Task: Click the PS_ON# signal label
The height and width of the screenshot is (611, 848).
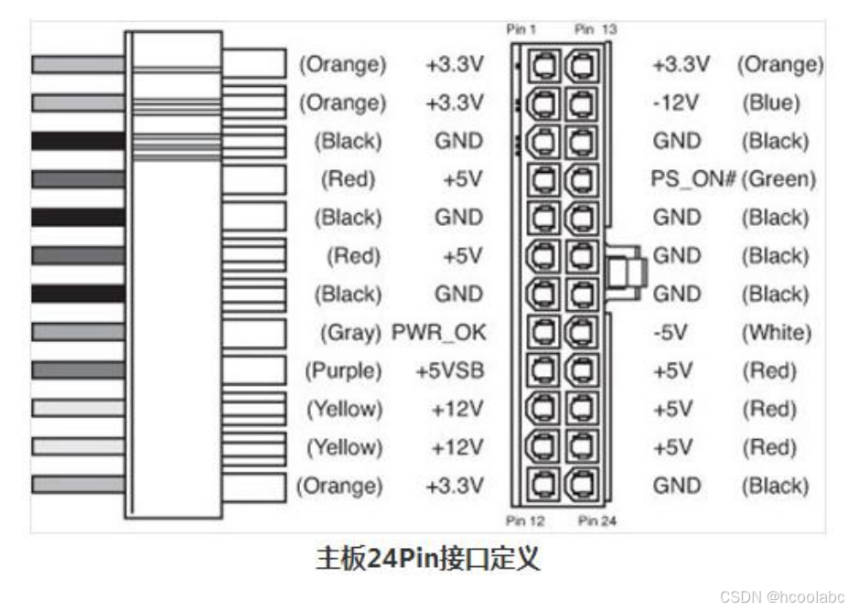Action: pos(693,179)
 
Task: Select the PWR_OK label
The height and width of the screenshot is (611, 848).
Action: pos(438,333)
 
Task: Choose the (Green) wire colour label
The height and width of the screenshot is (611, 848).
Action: pos(778,179)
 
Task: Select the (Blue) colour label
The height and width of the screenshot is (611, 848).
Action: pos(774,102)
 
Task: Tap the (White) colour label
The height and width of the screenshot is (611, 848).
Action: pos(776,333)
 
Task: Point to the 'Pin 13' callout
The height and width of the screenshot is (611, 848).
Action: pos(595,30)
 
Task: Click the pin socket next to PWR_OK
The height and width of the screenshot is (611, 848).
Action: pos(544,333)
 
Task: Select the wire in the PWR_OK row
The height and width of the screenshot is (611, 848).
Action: pos(78,332)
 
